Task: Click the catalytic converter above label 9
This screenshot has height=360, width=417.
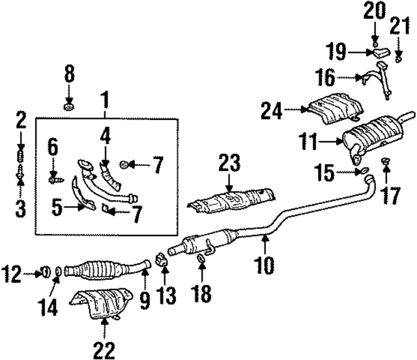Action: click(98, 269)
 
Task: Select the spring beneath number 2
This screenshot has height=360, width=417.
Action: click(20, 157)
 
